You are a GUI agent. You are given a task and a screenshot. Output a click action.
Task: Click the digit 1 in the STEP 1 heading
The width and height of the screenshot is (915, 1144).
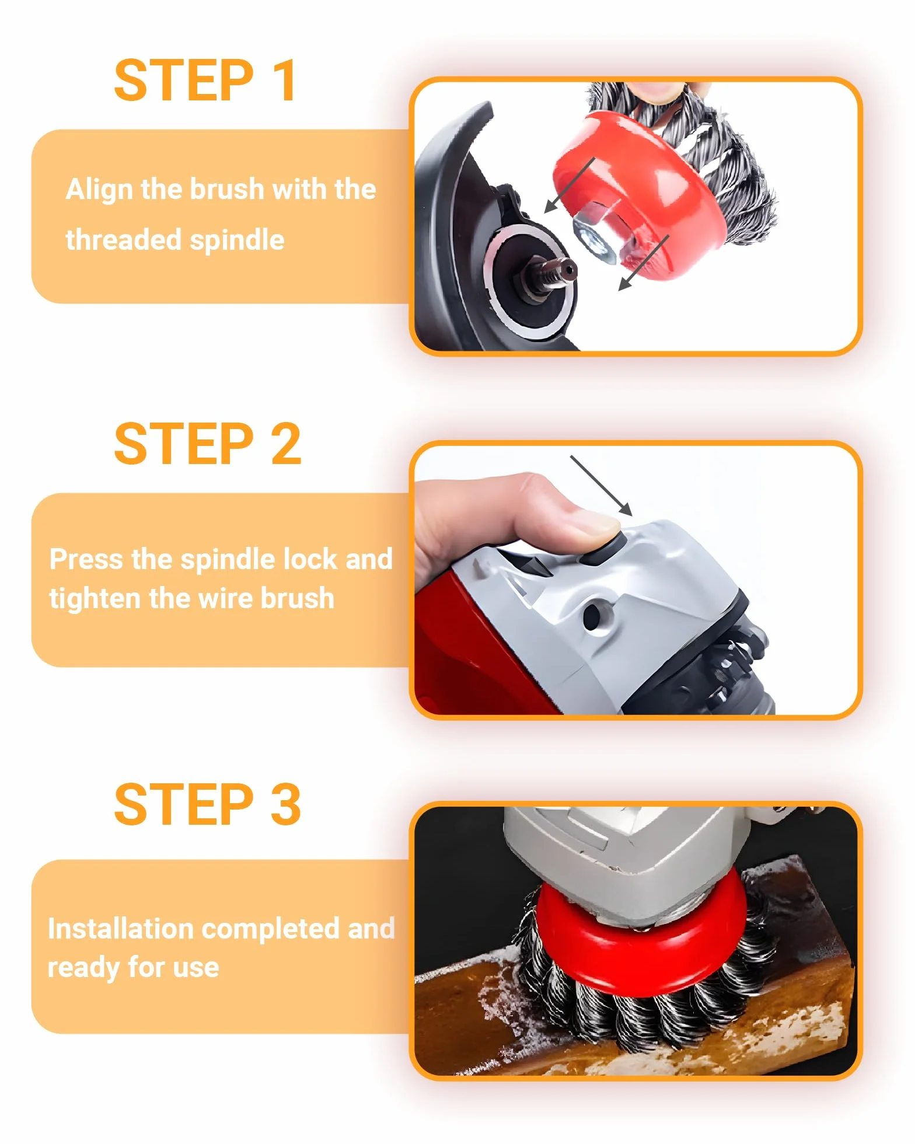284,80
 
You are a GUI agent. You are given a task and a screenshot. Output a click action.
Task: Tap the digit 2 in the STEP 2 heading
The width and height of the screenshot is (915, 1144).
286,444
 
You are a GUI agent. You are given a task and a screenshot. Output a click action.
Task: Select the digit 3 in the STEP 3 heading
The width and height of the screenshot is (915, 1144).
286,804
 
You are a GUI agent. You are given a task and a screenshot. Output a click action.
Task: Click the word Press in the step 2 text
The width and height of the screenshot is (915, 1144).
86,559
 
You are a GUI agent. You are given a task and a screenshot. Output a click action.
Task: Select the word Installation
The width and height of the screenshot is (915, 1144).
120,929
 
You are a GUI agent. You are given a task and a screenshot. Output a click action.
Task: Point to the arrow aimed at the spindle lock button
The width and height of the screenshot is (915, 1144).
601,486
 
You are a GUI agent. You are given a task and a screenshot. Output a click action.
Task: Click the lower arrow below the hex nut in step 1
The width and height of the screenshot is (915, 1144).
643,263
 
